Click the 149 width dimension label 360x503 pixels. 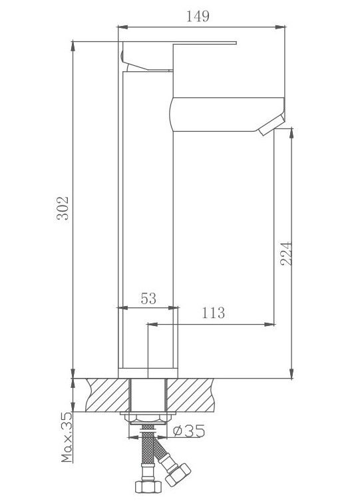tap(198, 17)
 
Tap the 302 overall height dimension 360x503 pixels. tap(63, 208)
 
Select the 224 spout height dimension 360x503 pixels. tap(287, 253)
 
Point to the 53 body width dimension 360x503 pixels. tap(148, 299)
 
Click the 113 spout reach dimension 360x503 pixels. tap(214, 313)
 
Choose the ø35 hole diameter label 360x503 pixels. tap(189, 431)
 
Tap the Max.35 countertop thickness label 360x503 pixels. tap(67, 437)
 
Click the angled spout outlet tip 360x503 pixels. tap(271, 126)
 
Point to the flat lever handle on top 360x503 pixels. tap(178, 43)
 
